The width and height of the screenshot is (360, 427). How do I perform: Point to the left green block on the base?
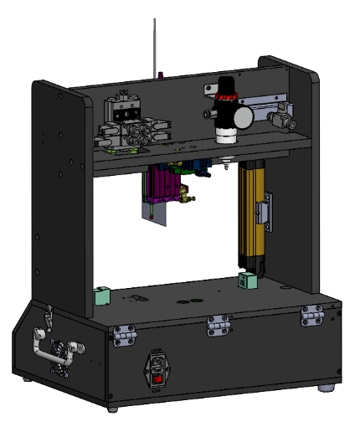(101, 295)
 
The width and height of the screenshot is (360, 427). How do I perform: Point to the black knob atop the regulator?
(224, 86)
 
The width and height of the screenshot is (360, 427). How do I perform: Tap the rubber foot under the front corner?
(114, 411)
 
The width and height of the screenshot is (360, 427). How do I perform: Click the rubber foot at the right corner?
(326, 389)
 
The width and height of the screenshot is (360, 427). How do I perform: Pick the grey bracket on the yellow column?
(266, 208)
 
